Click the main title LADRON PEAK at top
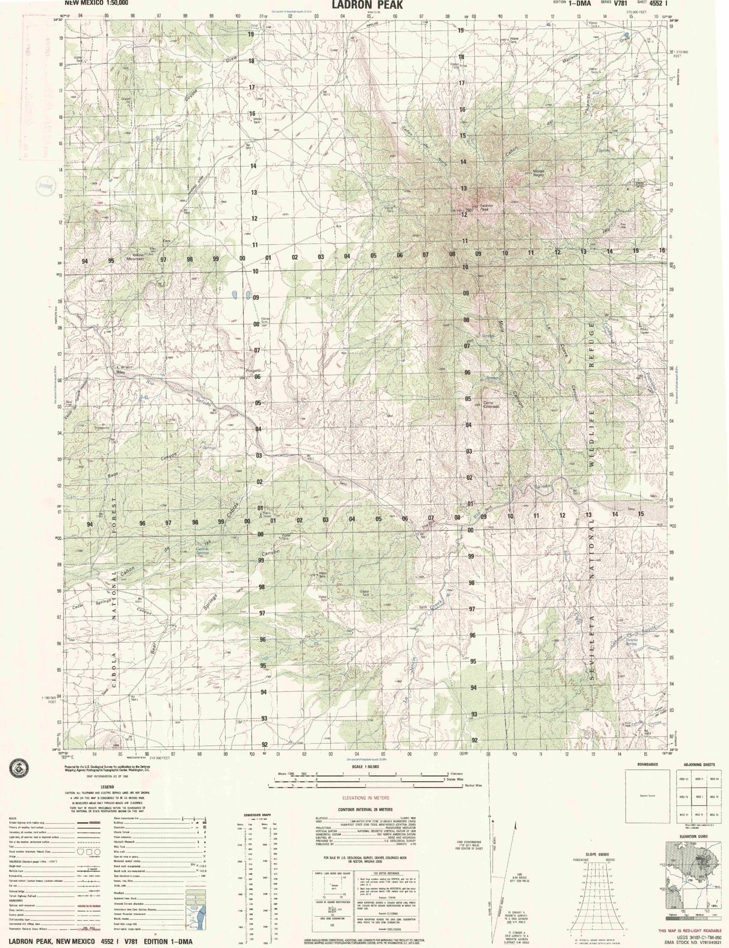pyautogui.click(x=367, y=5)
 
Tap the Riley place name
pyautogui.click(x=121, y=372)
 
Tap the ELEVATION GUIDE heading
pyautogui.click(x=694, y=836)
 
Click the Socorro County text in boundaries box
pyautogui.click(x=647, y=796)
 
